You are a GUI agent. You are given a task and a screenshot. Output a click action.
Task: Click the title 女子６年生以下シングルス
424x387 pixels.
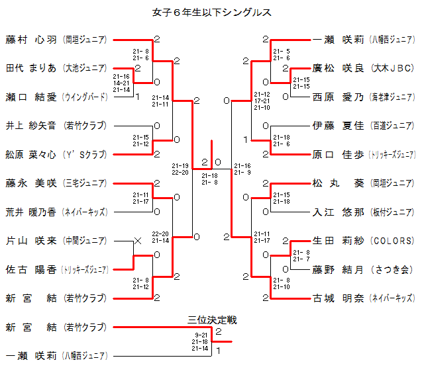(212, 11)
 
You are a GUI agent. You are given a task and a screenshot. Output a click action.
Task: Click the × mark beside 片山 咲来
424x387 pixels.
(138, 241)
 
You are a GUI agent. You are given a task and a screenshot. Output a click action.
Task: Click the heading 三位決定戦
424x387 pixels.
(212, 320)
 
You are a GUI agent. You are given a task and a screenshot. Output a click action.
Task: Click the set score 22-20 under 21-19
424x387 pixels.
(180, 173)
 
